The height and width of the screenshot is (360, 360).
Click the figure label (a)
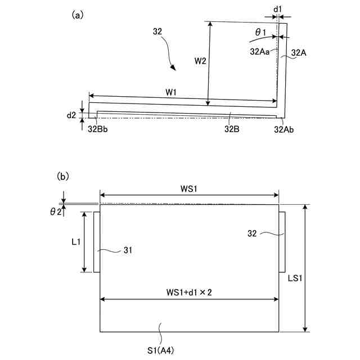tap(78, 16)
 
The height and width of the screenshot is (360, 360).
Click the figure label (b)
tap(63, 176)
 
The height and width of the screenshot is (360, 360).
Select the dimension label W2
tap(200, 60)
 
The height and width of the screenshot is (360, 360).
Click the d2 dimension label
tap(71, 115)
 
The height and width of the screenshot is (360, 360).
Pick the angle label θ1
tap(261, 33)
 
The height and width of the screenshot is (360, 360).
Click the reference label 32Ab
tap(285, 129)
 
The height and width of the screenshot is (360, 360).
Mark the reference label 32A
tap(299, 52)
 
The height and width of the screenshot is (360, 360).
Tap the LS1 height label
tap(322, 278)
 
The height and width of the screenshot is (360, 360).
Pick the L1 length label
tap(75, 241)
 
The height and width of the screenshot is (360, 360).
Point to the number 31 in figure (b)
tap(129, 251)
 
